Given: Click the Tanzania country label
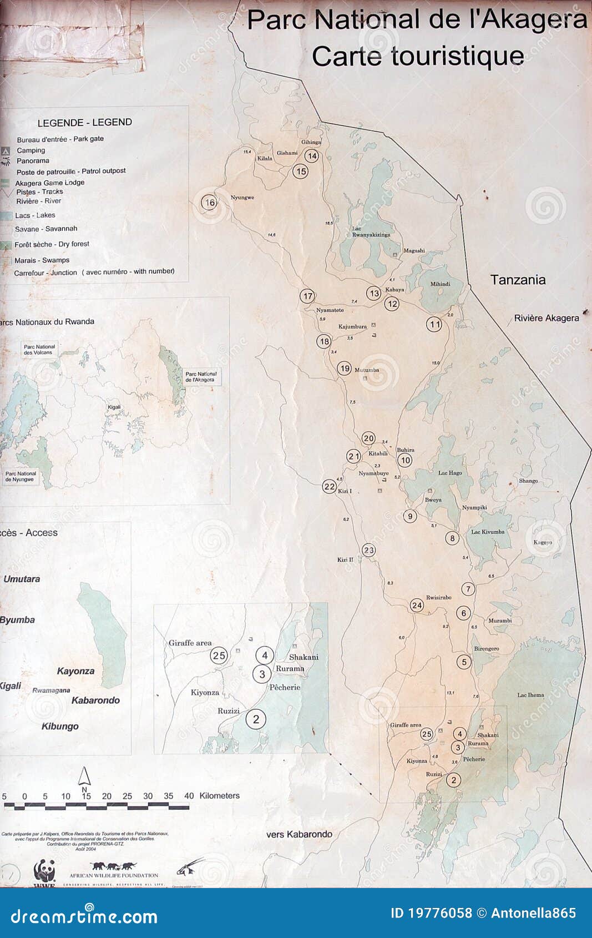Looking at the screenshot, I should point(518,280).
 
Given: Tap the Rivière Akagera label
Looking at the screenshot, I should point(546,318).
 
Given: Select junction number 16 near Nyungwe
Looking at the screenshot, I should point(209,203).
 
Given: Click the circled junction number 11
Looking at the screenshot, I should point(434,325).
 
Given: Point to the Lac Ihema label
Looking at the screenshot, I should point(530,695).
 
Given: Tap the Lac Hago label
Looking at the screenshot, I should point(449,473).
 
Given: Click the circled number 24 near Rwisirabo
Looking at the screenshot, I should point(417,606).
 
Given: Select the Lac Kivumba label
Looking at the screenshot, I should point(488,532).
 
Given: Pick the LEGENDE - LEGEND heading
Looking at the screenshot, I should point(84,123).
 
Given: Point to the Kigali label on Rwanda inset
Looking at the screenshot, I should point(114,407).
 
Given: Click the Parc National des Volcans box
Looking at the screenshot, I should point(38,350).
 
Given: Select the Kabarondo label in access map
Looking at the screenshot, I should point(95,700).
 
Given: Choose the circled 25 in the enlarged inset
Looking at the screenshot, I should point(219,655).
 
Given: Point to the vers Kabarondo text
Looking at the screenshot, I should point(299,834).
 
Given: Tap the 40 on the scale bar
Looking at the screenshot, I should point(189,796).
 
